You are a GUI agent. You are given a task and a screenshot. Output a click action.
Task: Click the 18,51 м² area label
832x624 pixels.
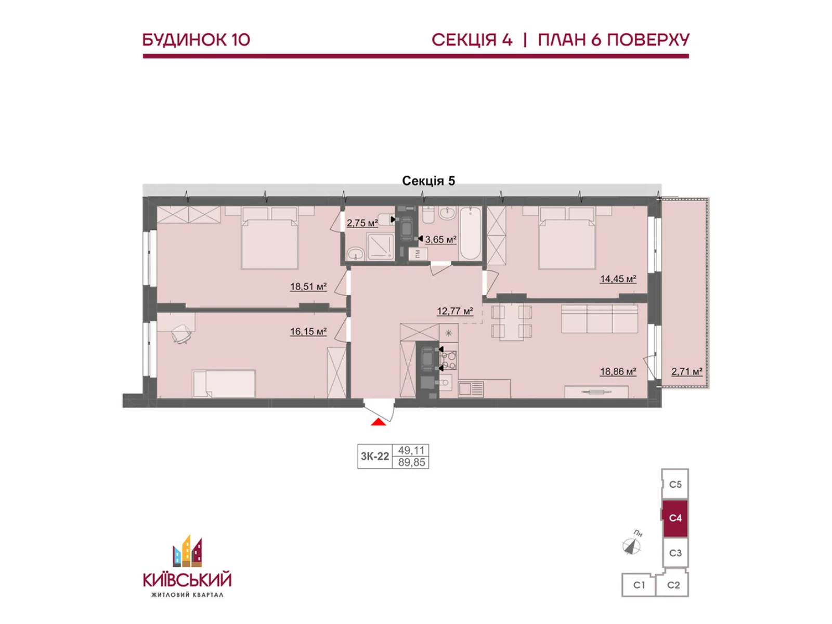click(308, 287)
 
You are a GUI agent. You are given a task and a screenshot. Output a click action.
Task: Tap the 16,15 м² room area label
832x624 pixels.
click(308, 331)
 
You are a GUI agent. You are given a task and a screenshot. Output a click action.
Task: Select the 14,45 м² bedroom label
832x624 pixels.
click(618, 279)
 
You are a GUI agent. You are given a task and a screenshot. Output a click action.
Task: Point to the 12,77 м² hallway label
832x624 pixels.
click(454, 311)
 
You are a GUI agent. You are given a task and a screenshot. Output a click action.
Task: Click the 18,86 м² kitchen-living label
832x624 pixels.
click(618, 371)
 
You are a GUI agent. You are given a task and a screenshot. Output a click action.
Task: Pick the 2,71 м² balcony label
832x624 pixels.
click(686, 371)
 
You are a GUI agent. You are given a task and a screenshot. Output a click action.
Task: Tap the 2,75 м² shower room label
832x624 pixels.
click(362, 223)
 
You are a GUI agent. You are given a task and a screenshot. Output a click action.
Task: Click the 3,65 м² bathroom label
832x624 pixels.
click(440, 239)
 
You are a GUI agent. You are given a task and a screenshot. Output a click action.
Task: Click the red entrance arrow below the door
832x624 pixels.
click(379, 422)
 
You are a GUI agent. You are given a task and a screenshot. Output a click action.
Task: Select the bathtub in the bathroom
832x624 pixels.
click(471, 234)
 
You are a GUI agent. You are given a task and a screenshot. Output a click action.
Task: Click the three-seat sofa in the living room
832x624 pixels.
click(599, 319)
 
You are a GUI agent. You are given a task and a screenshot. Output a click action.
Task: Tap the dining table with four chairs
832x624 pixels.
click(512, 322)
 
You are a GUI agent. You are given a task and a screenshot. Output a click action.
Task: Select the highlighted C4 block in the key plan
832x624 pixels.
click(675, 518)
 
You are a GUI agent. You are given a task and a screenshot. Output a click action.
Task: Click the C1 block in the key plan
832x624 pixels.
click(639, 585)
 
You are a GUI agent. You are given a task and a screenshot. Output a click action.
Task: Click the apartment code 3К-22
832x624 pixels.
click(374, 457)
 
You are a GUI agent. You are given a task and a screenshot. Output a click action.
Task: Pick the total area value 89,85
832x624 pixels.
click(411, 462)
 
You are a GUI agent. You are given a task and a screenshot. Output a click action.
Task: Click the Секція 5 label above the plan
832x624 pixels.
click(428, 180)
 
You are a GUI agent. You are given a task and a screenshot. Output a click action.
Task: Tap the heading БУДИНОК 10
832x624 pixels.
click(196, 40)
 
